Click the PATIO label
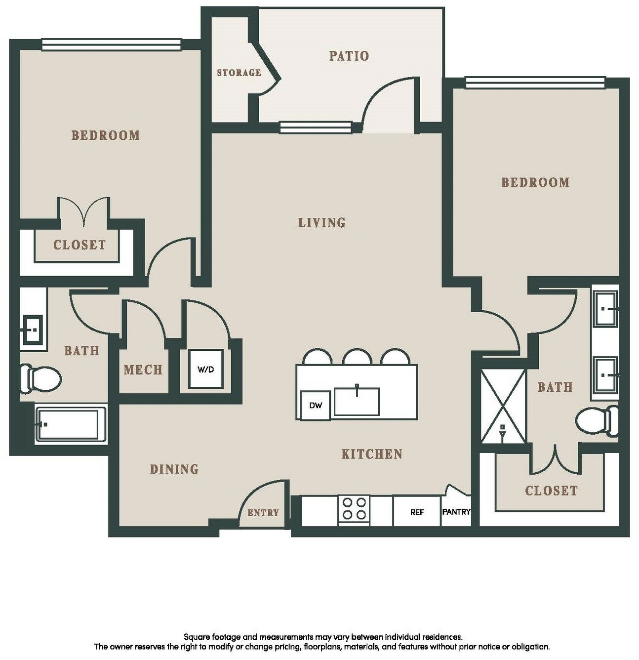click(x=349, y=56)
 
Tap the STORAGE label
click(x=239, y=73)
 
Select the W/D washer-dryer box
click(x=206, y=369)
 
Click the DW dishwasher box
click(x=316, y=405)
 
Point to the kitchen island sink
click(x=357, y=401)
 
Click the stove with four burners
click(x=354, y=510)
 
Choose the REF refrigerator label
click(x=417, y=512)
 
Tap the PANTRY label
click(x=456, y=511)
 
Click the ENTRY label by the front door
click(x=263, y=512)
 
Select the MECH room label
click(x=143, y=370)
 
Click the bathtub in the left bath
click(x=71, y=424)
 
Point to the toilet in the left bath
click(x=40, y=378)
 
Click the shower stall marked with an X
click(x=503, y=406)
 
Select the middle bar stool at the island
click(x=357, y=357)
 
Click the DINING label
click(x=174, y=469)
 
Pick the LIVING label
click(x=322, y=223)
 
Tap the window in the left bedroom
click(x=111, y=45)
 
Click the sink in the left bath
click(x=33, y=329)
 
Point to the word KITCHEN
click(x=372, y=454)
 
